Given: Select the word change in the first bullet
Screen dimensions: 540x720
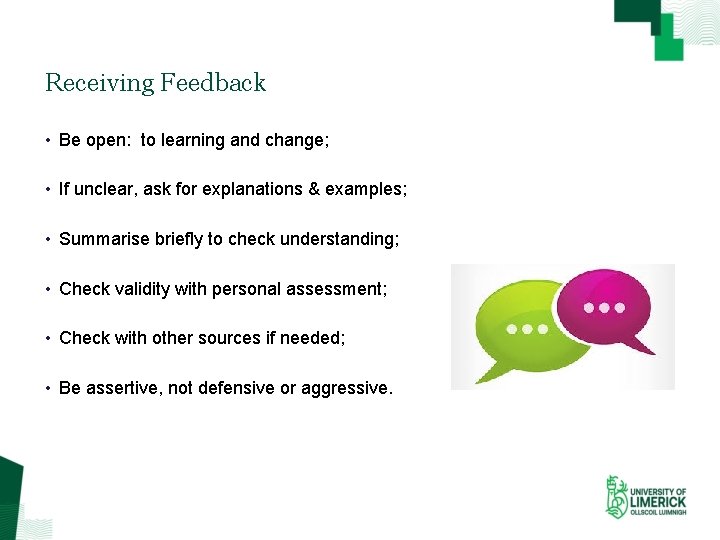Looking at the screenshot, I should (294, 141).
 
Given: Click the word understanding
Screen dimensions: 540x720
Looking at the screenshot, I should (339, 240).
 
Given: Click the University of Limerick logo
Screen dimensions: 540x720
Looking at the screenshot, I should (645, 496).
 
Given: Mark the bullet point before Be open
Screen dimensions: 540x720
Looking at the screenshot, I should (48, 141).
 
